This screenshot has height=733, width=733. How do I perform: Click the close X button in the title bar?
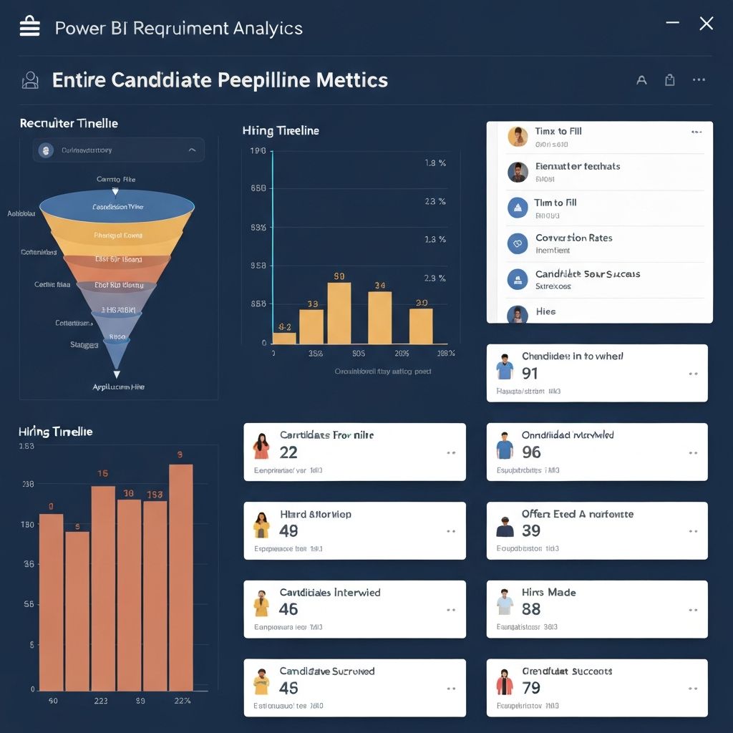point(706,24)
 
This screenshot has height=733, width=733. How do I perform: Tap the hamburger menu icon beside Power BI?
point(30,27)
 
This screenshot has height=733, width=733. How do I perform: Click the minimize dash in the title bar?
point(672,24)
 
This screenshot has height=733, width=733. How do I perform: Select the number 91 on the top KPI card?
point(530,373)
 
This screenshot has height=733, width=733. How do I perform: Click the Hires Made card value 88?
point(531,609)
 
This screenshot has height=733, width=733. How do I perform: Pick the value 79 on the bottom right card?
point(531,688)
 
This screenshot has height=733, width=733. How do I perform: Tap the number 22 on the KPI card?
point(288,452)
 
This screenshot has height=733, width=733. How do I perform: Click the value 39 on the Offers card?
point(531,530)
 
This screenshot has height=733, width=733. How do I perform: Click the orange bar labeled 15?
point(103,587)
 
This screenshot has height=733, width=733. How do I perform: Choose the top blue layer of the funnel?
point(117,208)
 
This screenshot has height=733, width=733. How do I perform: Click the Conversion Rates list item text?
point(573,238)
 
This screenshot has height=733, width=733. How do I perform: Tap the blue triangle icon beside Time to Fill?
point(517,208)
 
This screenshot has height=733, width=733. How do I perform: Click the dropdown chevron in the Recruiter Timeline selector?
point(191,150)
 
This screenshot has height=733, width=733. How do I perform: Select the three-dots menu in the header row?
point(699,80)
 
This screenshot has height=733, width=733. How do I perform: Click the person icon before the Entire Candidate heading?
point(30,79)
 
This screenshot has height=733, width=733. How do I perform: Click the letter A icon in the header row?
point(641,80)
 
